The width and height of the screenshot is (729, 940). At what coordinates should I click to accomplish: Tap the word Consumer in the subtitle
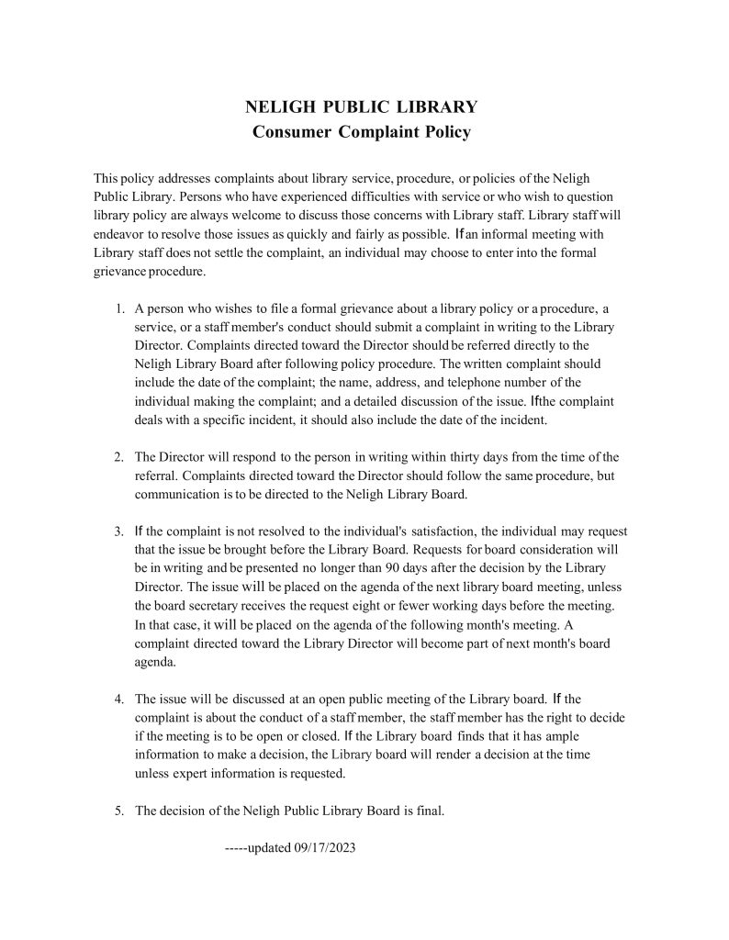click(291, 132)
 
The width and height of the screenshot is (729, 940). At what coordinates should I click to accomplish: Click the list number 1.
click(119, 308)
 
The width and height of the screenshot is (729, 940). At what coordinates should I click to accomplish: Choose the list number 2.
click(119, 457)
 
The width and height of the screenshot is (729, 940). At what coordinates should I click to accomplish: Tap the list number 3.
click(119, 532)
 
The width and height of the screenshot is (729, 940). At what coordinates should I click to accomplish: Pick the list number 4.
click(119, 699)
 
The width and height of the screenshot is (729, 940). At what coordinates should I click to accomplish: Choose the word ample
click(561, 735)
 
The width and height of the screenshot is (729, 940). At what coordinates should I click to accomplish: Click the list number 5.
click(119, 811)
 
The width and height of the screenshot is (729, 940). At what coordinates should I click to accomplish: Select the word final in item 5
click(428, 811)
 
